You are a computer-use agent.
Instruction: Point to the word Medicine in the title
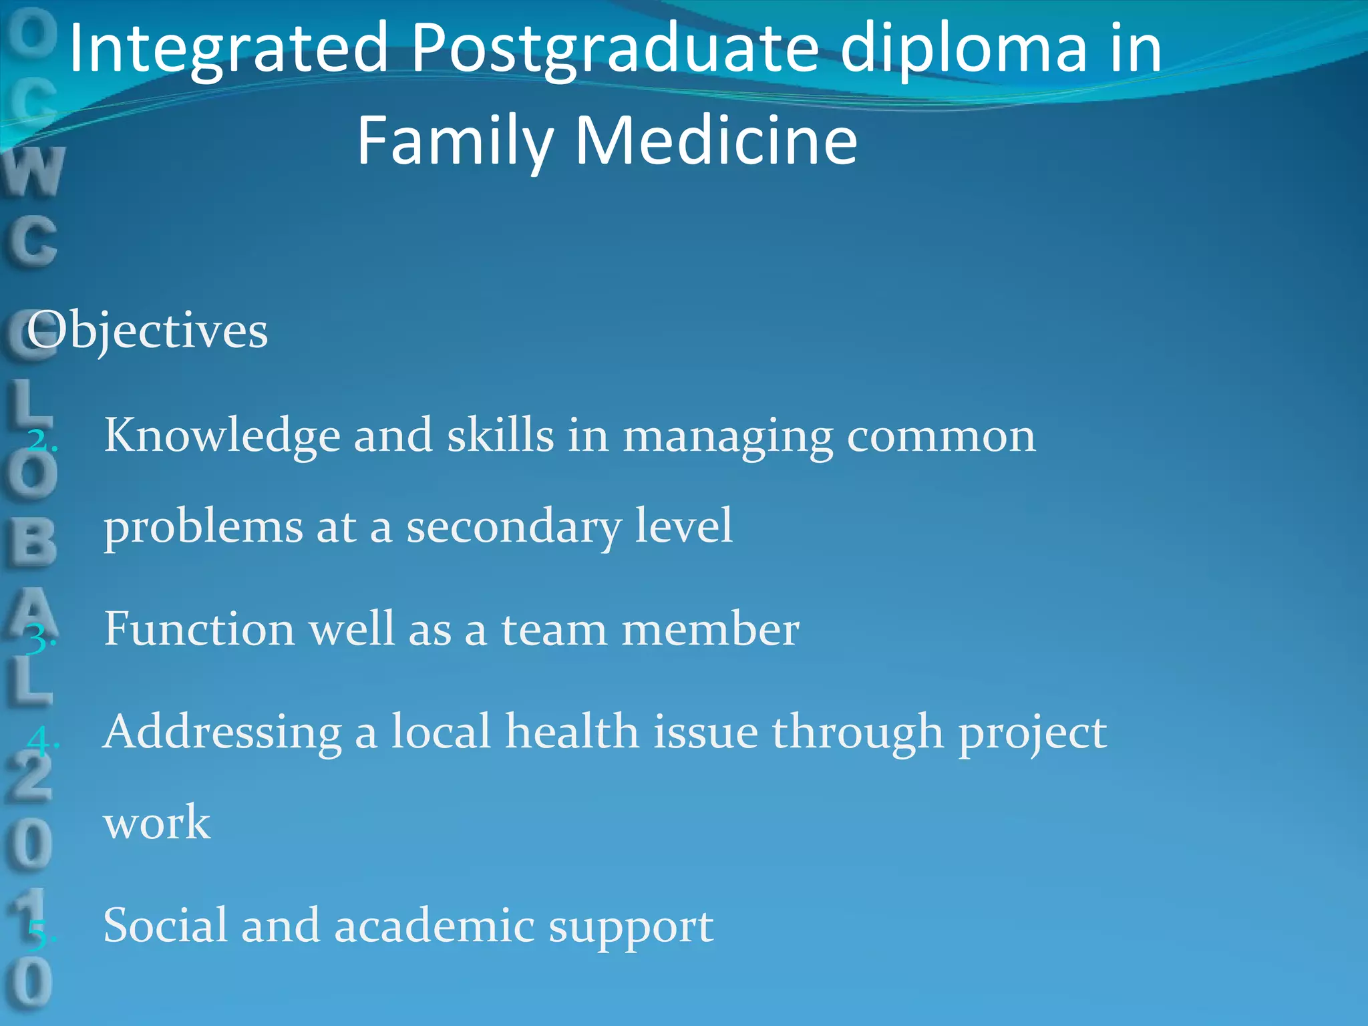click(x=715, y=140)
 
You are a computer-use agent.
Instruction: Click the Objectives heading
click(x=148, y=331)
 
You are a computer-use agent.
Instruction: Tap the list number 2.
click(x=42, y=440)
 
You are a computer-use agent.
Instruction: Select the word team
click(x=554, y=630)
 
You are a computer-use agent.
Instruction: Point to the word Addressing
click(x=222, y=733)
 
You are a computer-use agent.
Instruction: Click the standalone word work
click(x=157, y=823)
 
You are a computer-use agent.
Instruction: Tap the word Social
click(x=165, y=926)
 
